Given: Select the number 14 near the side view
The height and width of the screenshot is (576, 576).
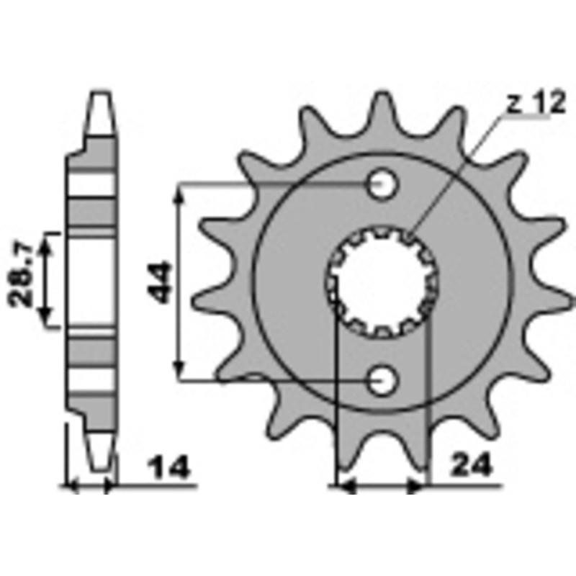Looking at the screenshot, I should coord(171,469).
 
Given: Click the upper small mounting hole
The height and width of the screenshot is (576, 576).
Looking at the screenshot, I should coord(382,185).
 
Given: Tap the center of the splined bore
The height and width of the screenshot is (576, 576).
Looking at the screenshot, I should coord(382,283).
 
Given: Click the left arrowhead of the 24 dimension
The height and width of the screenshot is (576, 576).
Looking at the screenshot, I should coord(346,487).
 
